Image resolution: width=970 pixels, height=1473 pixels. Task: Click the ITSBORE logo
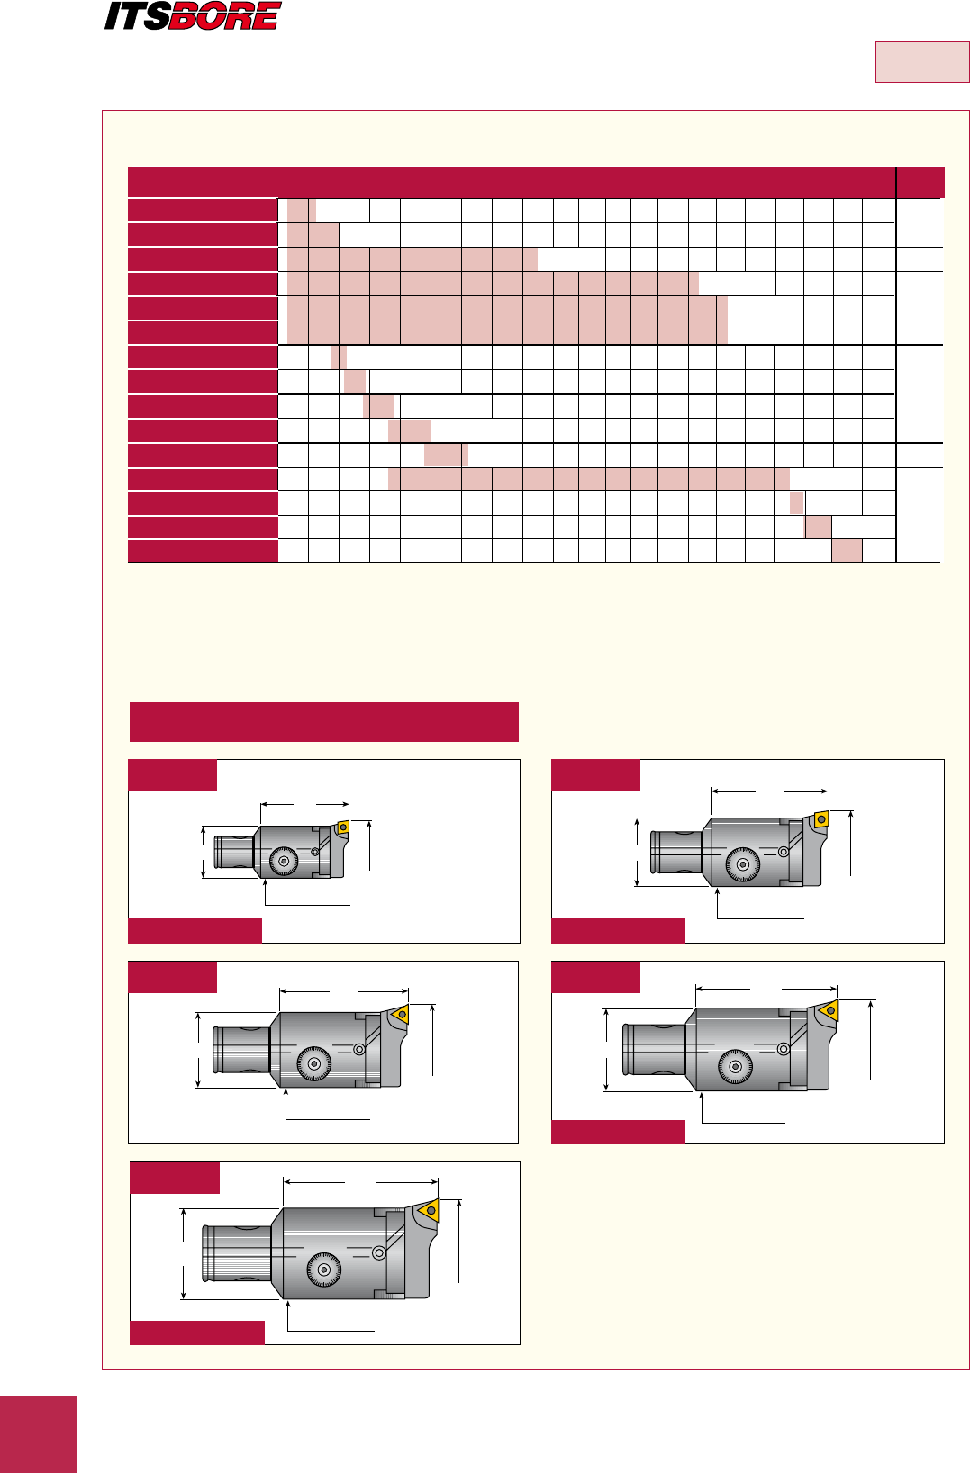[x=193, y=16]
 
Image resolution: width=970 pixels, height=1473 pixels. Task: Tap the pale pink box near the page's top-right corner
[x=922, y=62]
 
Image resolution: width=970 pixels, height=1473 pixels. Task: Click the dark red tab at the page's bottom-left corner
[x=38, y=1434]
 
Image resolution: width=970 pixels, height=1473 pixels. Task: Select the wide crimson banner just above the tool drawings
[x=324, y=722]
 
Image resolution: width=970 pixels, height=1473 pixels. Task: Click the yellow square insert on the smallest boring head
[x=342, y=827]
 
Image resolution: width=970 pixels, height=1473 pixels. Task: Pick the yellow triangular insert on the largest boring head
[x=428, y=1210]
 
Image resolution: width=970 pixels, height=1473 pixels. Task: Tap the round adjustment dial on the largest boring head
[x=323, y=1270]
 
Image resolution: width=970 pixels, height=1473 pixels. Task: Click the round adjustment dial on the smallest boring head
[x=284, y=862]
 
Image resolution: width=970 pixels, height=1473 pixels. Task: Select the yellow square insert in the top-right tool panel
[x=820, y=819]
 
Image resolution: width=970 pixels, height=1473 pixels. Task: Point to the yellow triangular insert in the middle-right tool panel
[x=829, y=1010]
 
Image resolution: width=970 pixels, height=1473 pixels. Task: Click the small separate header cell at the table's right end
[x=920, y=183]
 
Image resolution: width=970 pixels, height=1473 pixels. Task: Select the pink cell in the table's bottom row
[x=847, y=551]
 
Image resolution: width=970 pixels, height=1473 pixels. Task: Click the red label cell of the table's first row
[x=203, y=211]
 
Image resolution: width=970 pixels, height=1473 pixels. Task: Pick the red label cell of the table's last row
[x=203, y=551]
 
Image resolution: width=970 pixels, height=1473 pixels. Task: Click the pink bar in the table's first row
[x=301, y=211]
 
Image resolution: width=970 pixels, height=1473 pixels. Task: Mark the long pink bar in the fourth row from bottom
[x=589, y=479]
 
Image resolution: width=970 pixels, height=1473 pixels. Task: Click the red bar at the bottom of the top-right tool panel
[x=618, y=930]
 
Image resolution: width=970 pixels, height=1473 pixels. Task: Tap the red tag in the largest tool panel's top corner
[x=174, y=1178]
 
